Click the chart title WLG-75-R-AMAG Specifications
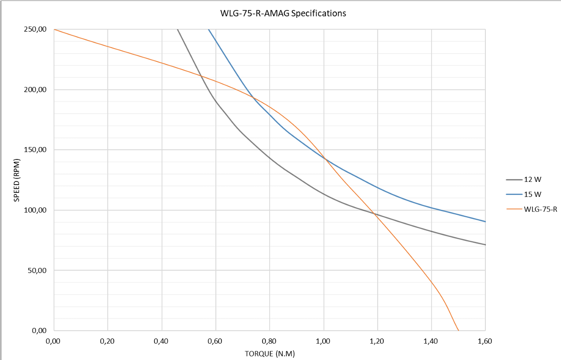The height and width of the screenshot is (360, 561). point(283,13)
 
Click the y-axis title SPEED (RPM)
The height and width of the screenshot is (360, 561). point(16,180)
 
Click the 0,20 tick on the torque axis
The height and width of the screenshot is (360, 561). point(107,341)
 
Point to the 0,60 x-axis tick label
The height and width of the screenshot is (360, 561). point(215,341)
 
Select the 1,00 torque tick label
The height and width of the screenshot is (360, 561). point(324,341)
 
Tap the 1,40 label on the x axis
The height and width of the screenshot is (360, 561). point(431,341)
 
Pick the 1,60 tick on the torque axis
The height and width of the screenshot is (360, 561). point(485,341)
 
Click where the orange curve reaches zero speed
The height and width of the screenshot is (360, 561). point(458,330)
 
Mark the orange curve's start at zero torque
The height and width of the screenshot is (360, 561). point(54,29)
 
